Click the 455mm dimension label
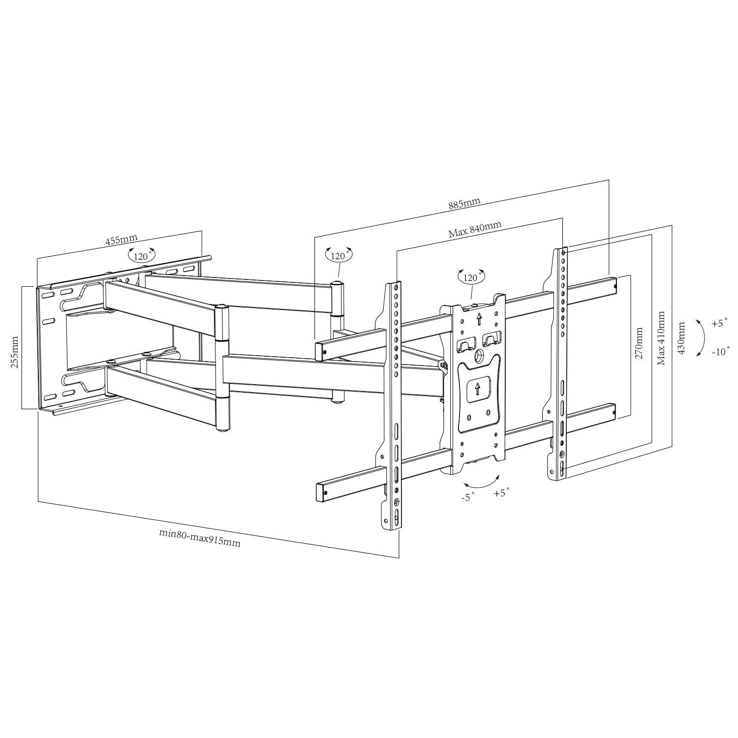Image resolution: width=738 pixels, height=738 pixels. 122,240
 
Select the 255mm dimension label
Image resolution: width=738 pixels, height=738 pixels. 15,352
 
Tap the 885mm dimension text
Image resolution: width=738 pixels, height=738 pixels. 464,204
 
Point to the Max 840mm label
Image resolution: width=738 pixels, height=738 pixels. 475,229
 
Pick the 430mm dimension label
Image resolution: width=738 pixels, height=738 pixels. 681,338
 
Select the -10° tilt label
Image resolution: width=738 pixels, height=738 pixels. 721,352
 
